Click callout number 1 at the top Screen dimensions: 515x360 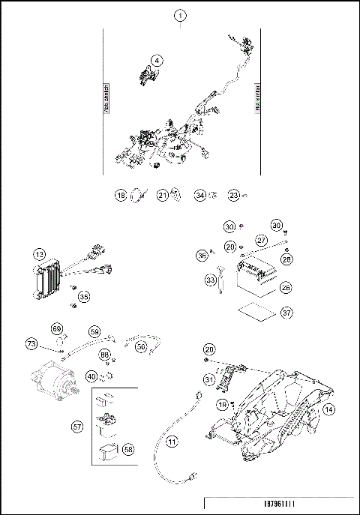tap(179, 15)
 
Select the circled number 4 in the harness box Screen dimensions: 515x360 tap(157, 60)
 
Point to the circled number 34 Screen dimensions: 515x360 tap(200, 196)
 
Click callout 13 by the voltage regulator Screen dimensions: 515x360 tap(39, 256)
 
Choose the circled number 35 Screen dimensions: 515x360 tap(84, 298)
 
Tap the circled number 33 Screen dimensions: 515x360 tap(211, 280)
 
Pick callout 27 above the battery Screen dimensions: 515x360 tap(261, 241)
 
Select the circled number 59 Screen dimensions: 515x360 tap(94, 330)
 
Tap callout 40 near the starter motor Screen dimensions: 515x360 tap(91, 376)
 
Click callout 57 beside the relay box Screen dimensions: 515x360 tap(77, 427)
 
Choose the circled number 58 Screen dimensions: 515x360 tap(129, 449)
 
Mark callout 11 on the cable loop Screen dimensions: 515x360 tap(172, 442)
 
